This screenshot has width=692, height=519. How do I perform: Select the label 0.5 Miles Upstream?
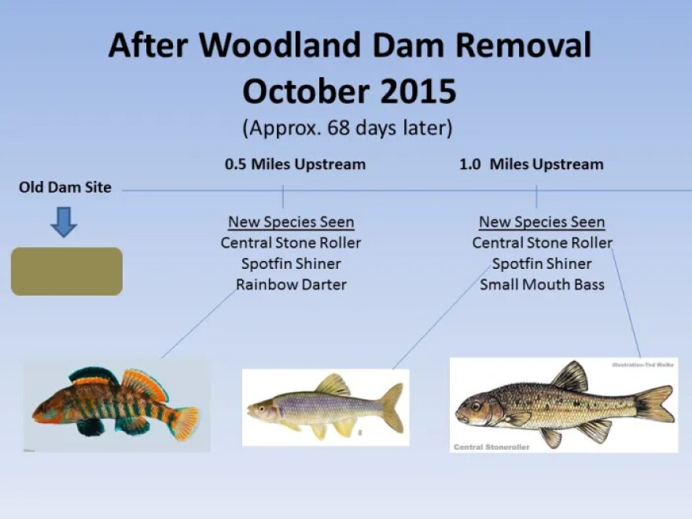point(295,164)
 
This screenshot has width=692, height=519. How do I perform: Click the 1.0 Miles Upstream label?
point(531,164)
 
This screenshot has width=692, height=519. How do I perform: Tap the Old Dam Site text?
point(64,187)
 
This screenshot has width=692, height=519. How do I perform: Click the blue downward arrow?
point(64,223)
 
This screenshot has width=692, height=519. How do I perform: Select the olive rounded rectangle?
point(67,271)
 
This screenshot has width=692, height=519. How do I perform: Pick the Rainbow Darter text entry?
point(291,284)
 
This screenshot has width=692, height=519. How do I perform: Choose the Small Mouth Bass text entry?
point(542,284)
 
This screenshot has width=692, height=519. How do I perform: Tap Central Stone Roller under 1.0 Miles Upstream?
point(542,243)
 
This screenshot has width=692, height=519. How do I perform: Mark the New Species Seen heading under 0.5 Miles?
point(291,223)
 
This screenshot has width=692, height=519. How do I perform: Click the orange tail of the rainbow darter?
point(186,422)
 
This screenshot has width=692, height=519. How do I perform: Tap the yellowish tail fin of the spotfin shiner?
point(391,407)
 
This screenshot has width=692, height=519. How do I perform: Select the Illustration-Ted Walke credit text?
point(641,365)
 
